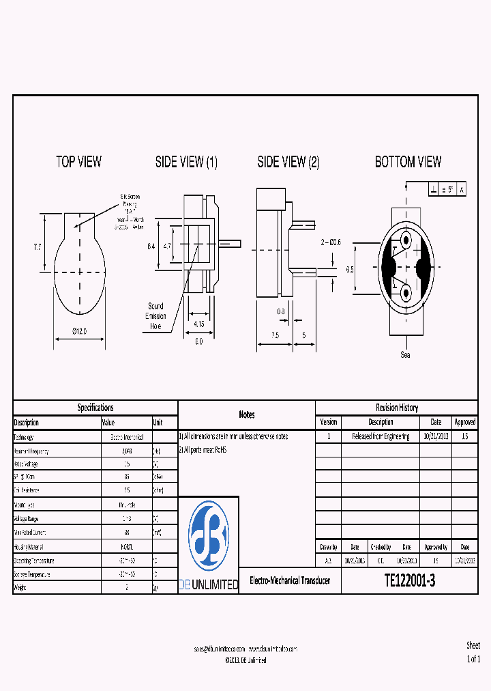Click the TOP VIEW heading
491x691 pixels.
[78, 162]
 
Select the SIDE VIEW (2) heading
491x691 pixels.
[288, 162]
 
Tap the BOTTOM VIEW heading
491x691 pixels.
[408, 162]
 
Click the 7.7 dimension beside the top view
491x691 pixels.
[37, 247]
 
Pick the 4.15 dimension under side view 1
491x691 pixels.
[198, 323]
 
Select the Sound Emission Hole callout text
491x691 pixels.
[155, 316]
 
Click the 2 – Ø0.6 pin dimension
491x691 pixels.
[331, 242]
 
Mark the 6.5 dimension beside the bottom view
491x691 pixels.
[350, 270]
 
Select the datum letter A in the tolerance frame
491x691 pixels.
[462, 190]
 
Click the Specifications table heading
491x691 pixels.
[95, 408]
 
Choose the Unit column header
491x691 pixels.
[158, 423]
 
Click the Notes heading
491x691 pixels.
[246, 414]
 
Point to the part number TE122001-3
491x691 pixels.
[409, 581]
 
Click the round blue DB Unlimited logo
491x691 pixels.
[208, 535]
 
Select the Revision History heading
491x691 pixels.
[396, 408]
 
